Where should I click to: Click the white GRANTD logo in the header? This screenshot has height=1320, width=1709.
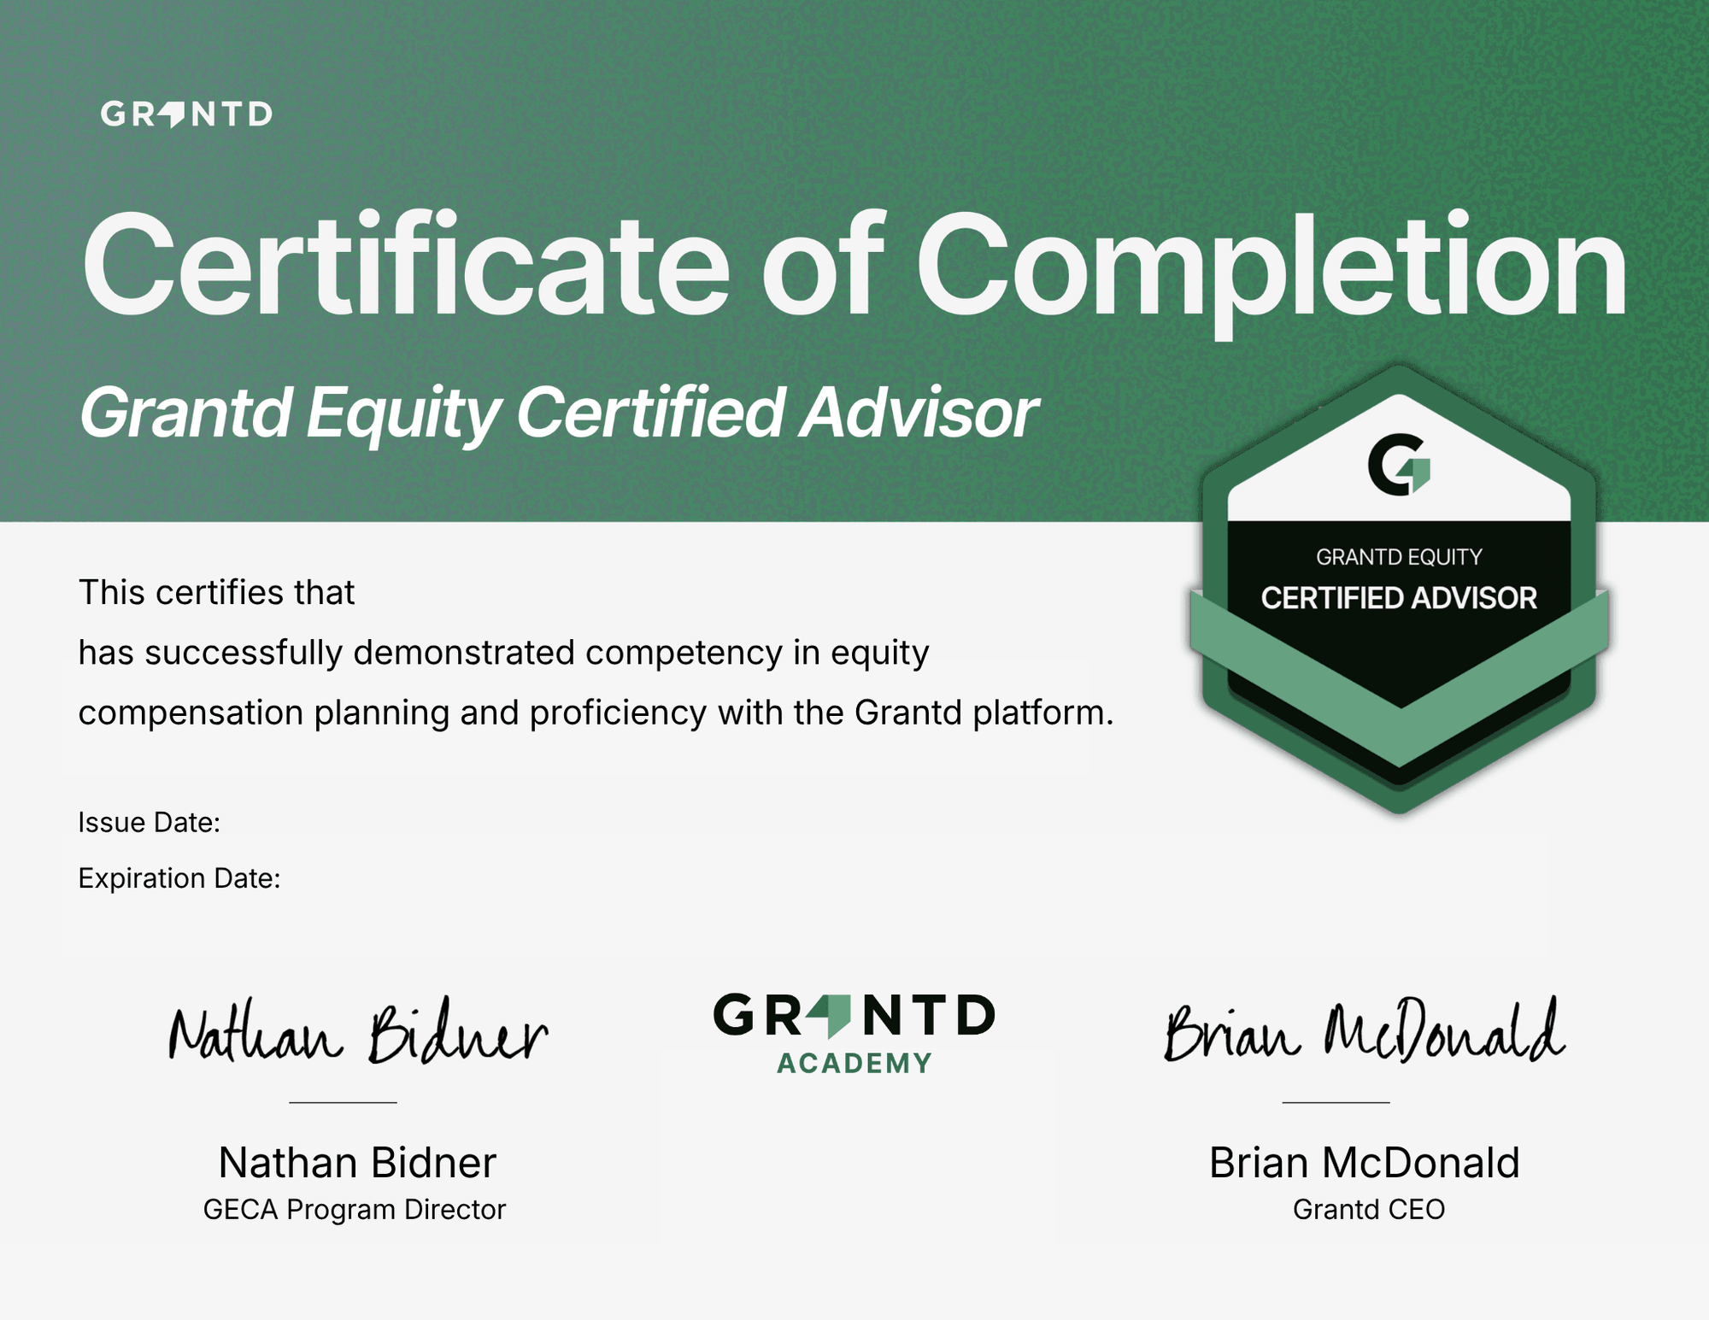pyautogui.click(x=186, y=114)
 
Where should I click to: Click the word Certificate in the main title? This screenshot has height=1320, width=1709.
pyautogui.click(x=406, y=265)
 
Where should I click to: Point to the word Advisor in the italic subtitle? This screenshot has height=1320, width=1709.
pyautogui.click(x=919, y=412)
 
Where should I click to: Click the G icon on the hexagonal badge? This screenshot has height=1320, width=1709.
pyautogui.click(x=1399, y=464)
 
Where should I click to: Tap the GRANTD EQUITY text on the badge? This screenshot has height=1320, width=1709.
pyautogui.click(x=1399, y=557)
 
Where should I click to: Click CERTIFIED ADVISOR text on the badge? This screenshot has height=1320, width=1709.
pyautogui.click(x=1399, y=598)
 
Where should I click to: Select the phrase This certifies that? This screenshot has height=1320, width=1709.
pyautogui.click(x=216, y=592)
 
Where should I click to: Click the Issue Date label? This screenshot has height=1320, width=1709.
pyautogui.click(x=150, y=822)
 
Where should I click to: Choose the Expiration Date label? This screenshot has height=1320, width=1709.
pyautogui.click(x=179, y=878)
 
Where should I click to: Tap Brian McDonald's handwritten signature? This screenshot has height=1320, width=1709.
pyautogui.click(x=1365, y=1030)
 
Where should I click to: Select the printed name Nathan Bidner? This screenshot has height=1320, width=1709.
pyautogui.click(x=357, y=1163)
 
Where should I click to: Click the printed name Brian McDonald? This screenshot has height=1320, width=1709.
pyautogui.click(x=1365, y=1163)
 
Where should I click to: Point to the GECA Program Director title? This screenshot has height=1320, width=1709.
pyautogui.click(x=355, y=1210)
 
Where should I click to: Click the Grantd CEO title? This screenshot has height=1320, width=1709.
pyautogui.click(x=1369, y=1210)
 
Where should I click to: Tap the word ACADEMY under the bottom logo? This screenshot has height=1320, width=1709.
pyautogui.click(x=854, y=1064)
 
